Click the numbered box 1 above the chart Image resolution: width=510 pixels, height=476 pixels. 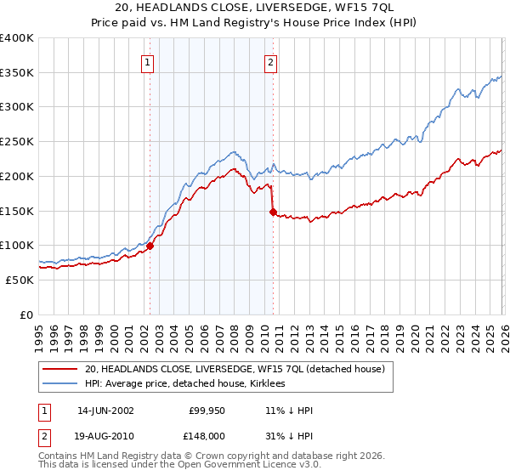[148, 62]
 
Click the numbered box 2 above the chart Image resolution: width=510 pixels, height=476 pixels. [270, 62]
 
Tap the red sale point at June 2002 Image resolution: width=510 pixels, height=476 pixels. [150, 246]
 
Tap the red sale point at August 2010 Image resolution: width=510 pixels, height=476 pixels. [273, 212]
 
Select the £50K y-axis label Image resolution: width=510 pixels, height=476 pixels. [19, 280]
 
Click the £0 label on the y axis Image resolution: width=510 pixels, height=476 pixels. [25, 314]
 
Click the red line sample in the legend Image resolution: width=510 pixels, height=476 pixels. [61, 369]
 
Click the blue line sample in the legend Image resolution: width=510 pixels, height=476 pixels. [61, 383]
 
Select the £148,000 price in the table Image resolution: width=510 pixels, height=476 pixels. [207, 434]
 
